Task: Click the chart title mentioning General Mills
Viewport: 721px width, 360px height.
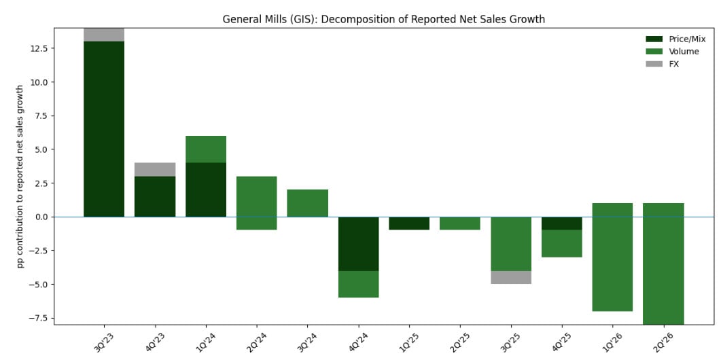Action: pyautogui.click(x=383, y=19)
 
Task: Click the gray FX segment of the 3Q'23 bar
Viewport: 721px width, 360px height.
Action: pyautogui.click(x=104, y=35)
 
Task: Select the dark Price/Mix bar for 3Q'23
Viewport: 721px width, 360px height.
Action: pyautogui.click(x=104, y=129)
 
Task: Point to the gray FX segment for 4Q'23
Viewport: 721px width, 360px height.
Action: pyautogui.click(x=155, y=169)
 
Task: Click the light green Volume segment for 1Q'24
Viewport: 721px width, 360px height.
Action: pyautogui.click(x=206, y=149)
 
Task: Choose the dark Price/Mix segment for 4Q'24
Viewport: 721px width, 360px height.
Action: pyautogui.click(x=358, y=244)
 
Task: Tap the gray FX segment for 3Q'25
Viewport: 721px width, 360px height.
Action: pyautogui.click(x=511, y=277)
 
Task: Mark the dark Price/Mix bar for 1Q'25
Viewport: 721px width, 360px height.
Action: pyautogui.click(x=409, y=223)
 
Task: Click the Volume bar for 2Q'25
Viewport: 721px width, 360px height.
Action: pyautogui.click(x=460, y=223)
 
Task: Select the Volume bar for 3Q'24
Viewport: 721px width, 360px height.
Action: pyautogui.click(x=307, y=203)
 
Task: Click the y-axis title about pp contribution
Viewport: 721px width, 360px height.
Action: pyautogui.click(x=20, y=176)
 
